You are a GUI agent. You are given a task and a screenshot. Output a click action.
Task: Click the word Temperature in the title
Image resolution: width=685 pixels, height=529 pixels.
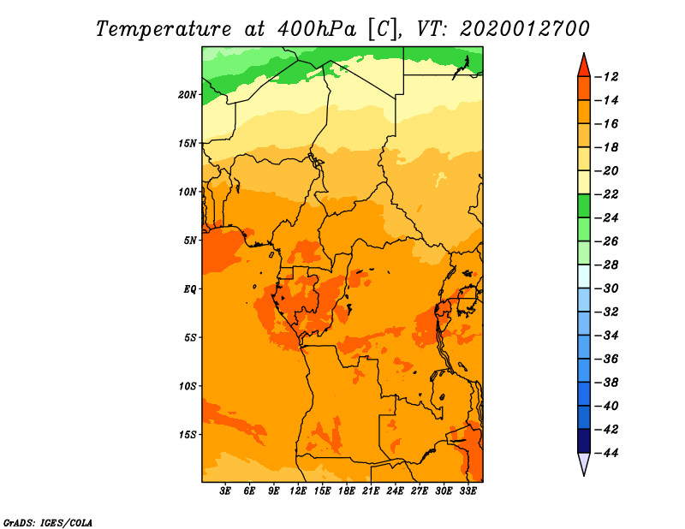[164, 29]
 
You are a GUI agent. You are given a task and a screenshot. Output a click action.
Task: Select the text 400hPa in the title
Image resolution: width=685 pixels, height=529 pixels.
[317, 29]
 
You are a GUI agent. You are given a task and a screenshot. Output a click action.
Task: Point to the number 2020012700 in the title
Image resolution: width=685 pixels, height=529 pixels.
[525, 29]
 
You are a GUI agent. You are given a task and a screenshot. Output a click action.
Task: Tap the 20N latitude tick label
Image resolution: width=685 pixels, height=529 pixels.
[188, 95]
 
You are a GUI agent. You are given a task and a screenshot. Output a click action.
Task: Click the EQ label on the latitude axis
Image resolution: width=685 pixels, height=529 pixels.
[189, 289]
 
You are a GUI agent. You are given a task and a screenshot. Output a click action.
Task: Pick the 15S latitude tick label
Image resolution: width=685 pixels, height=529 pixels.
[188, 435]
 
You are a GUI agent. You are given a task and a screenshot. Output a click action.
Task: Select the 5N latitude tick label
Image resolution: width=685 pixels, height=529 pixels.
[190, 241]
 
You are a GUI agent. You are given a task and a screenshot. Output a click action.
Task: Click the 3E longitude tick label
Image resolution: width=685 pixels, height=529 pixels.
[225, 490]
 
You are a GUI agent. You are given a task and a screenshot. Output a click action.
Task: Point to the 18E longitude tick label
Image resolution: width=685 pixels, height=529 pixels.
[347, 490]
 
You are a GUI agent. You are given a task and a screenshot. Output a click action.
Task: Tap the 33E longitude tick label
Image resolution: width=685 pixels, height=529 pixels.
[468, 490]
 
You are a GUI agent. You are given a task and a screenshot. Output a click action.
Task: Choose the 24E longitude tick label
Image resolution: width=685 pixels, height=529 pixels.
[395, 490]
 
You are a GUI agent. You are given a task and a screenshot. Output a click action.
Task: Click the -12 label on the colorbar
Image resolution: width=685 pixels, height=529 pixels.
[606, 77]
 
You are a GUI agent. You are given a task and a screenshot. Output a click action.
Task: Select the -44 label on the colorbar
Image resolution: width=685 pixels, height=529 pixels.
[606, 453]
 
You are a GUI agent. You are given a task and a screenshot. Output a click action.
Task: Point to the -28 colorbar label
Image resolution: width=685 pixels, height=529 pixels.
[606, 265]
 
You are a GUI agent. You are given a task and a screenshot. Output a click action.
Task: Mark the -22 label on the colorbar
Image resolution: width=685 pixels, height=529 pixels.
[606, 194]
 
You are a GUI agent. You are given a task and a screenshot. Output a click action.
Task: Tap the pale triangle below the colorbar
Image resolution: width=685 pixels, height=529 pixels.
[584, 462]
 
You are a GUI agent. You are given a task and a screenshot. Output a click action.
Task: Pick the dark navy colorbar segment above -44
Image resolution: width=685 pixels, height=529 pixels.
[584, 441]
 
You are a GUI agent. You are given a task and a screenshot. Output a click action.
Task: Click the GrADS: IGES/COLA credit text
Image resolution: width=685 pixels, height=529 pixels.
[48, 523]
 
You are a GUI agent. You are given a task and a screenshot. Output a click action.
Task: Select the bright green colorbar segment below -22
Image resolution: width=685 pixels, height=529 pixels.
[584, 205]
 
